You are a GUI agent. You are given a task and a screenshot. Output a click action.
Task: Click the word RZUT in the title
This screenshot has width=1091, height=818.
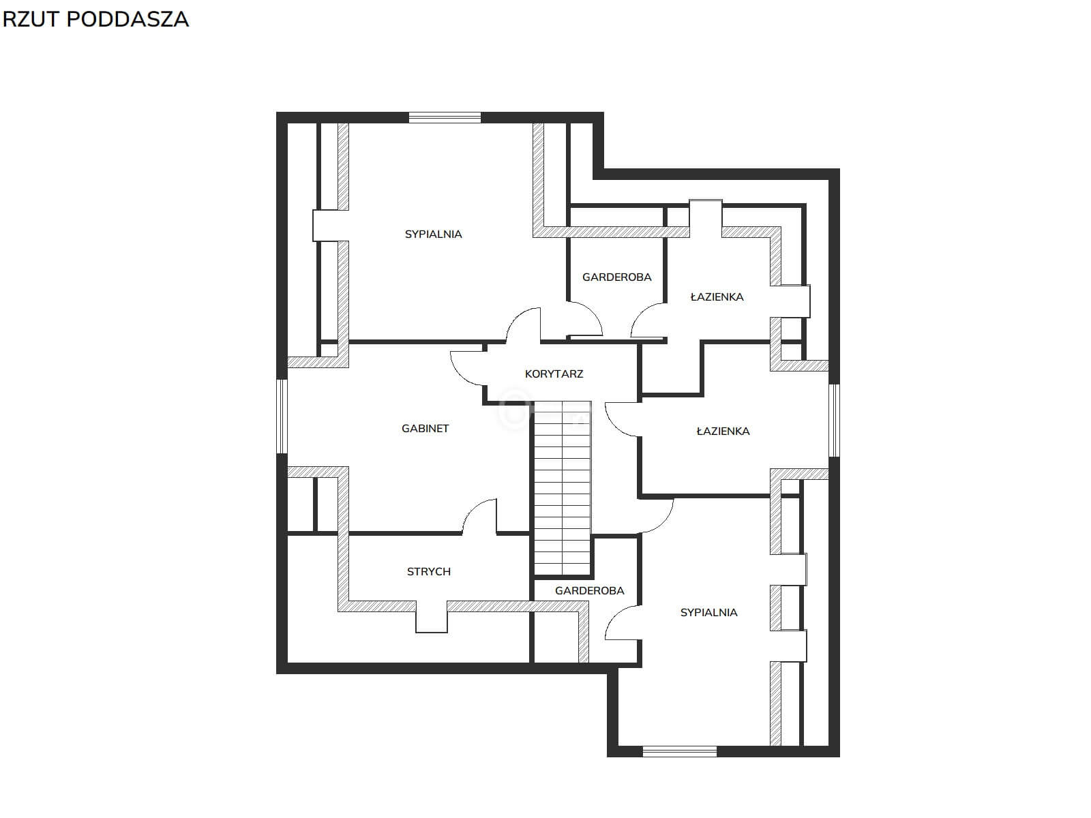[x=31, y=19]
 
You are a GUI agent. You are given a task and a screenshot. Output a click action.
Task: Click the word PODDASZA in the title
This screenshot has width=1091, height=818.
[x=128, y=19]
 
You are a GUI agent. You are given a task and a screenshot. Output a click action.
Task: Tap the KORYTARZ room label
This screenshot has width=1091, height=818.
[x=554, y=374]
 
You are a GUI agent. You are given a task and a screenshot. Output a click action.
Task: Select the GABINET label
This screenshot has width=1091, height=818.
[x=425, y=429]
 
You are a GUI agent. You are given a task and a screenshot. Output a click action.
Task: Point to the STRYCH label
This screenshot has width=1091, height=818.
[x=428, y=572]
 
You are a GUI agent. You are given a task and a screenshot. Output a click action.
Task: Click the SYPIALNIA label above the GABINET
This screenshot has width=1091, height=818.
[x=433, y=234]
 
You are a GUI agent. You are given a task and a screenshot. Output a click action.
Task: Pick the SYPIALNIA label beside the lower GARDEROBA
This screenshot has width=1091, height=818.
[x=708, y=613]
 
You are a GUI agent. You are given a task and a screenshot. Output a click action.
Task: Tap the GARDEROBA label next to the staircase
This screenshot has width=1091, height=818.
[x=590, y=591]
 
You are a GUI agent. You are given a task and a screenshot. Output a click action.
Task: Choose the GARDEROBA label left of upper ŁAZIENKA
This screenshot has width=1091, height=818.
[x=616, y=277]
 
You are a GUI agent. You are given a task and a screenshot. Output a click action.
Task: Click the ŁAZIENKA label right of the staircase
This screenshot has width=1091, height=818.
[x=723, y=431]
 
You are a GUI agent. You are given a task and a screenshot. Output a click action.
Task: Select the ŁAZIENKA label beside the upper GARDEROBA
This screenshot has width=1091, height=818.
[x=717, y=297]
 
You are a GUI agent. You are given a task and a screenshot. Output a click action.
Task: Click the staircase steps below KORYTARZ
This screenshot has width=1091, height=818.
[x=562, y=489]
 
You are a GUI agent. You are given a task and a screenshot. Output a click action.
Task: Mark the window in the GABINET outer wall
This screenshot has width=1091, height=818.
[x=282, y=416]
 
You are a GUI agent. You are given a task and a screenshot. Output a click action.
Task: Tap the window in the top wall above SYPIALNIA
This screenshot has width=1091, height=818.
[x=445, y=118]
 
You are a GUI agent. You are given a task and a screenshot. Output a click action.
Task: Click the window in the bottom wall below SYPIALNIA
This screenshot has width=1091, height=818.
[x=679, y=751]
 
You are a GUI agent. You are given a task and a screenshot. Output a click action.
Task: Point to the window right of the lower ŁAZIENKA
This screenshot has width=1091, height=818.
[x=835, y=420]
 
